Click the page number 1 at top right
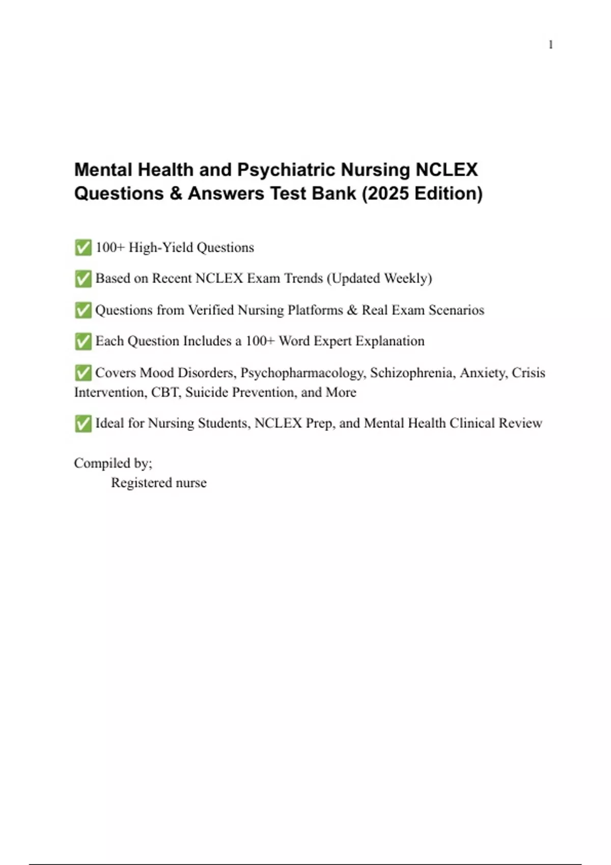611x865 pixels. tap(550, 45)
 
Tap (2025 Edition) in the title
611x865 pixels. tap(422, 193)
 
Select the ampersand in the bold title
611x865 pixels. tap(176, 193)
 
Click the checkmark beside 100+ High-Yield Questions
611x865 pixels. tap(83, 248)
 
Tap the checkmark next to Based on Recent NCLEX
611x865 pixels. tap(83, 279)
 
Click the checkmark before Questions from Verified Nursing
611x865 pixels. tap(83, 310)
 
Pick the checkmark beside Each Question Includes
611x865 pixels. tap(83, 341)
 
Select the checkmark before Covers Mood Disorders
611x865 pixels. tap(83, 373)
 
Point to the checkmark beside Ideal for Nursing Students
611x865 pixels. tap(83, 423)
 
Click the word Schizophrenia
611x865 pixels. tap(412, 373)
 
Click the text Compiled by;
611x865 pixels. tap(113, 463)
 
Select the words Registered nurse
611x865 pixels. tap(159, 483)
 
